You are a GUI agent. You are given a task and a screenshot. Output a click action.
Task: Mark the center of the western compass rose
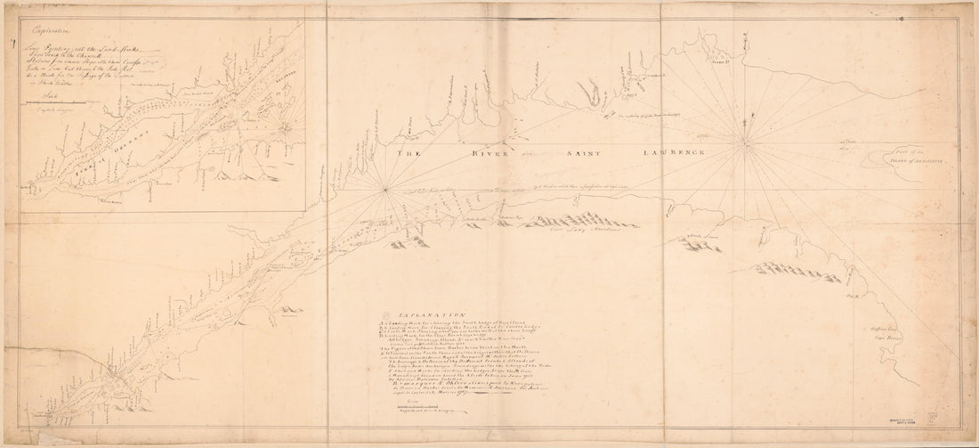coord(385,188)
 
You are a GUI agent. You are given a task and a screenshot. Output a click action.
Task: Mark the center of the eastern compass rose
coord(742,139)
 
